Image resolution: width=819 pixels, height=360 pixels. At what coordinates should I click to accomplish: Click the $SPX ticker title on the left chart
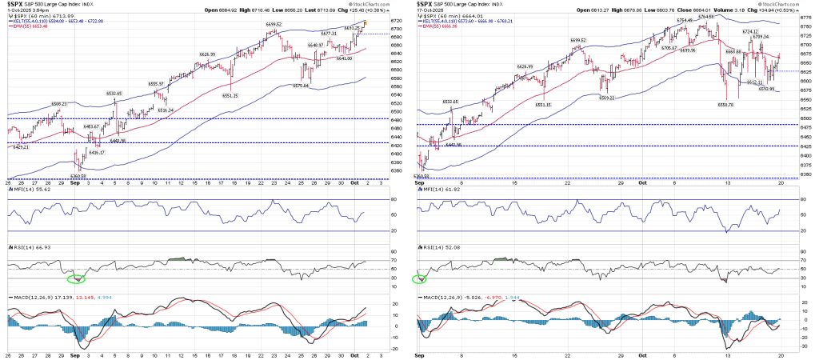[18, 3]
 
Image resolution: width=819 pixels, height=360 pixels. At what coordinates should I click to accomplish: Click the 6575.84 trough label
[300, 86]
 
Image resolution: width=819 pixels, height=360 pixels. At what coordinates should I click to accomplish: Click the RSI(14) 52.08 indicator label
[441, 250]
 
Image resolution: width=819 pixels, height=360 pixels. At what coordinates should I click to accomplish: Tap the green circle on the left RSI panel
[76, 278]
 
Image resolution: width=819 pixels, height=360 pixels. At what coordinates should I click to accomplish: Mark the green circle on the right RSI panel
[419, 279]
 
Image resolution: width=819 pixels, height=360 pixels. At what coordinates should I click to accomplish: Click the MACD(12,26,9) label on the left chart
[30, 298]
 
